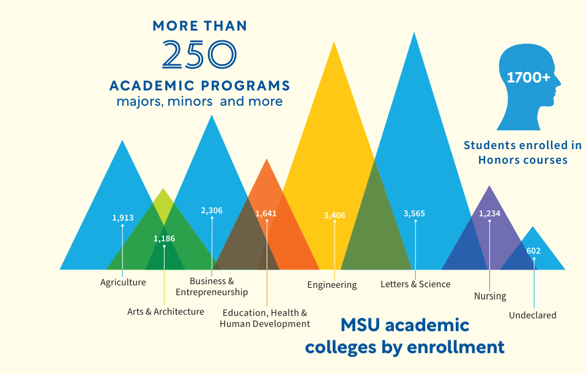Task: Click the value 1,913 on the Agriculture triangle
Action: [122, 218]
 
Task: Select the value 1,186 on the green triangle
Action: [164, 238]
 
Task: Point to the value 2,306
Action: [212, 210]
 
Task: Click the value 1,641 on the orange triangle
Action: [266, 213]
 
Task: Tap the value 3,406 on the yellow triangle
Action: [335, 215]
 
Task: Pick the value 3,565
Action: [414, 213]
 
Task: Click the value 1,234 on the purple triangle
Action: [489, 213]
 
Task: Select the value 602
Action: [533, 251]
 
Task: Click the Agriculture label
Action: [123, 282]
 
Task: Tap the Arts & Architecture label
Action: [166, 312]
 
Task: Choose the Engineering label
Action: [332, 285]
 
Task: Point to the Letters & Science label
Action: [415, 284]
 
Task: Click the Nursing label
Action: [490, 296]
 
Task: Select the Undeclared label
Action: [533, 315]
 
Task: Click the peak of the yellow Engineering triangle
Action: [334, 43]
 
